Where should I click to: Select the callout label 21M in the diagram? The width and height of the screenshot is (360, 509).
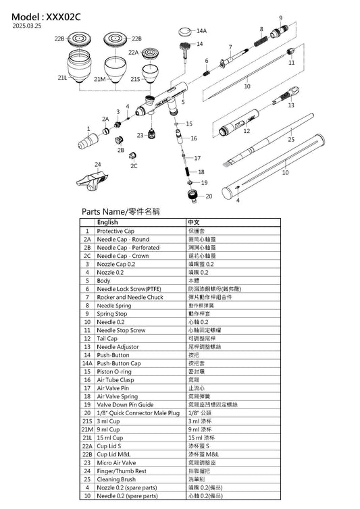click(100, 79)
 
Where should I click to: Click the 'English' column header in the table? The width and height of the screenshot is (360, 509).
click(107, 221)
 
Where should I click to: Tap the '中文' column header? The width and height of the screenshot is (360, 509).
click(193, 221)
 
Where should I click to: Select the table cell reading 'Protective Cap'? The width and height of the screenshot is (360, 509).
click(115, 231)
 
